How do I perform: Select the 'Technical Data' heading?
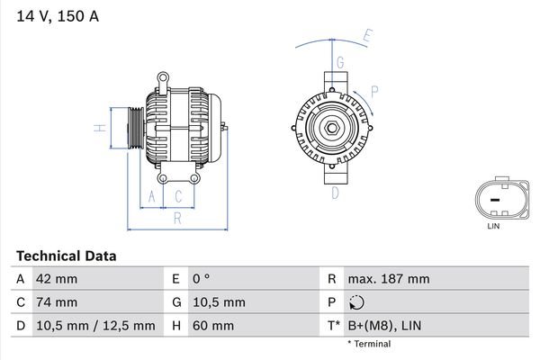click(66, 256)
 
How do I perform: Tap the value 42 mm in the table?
click(56, 280)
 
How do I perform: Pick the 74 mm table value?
click(56, 302)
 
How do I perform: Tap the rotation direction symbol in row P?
click(359, 303)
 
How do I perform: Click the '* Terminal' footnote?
click(369, 344)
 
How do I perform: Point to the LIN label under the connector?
click(492, 226)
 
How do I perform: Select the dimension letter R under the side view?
click(177, 217)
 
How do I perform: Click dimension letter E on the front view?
click(367, 37)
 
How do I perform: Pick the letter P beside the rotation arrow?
click(373, 90)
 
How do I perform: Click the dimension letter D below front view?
click(335, 192)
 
